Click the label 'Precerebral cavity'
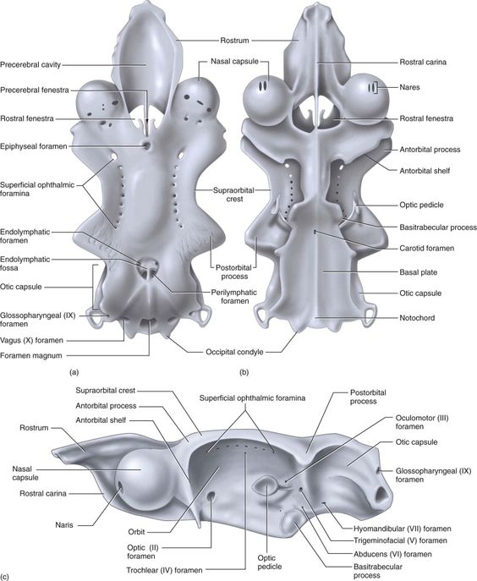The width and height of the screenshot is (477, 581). (30, 65)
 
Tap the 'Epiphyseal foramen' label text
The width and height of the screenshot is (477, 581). (34, 146)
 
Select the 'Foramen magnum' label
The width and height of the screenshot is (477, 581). (31, 356)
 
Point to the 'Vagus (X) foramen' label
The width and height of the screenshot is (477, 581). (31, 340)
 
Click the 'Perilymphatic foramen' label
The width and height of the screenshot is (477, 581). (234, 297)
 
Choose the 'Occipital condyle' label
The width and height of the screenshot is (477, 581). (234, 352)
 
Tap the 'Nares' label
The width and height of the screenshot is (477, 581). (409, 87)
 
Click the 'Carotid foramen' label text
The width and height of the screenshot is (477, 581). (426, 249)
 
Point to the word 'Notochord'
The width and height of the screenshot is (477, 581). (417, 318)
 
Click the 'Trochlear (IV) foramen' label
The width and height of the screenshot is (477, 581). (165, 570)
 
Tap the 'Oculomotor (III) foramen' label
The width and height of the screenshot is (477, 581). (422, 422)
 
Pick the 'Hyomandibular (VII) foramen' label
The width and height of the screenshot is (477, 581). (402, 529)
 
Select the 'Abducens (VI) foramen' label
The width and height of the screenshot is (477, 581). (392, 554)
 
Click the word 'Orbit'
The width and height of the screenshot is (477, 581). (136, 532)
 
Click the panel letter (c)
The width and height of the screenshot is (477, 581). (5, 577)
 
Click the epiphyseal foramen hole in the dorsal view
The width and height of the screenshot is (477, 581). (147, 145)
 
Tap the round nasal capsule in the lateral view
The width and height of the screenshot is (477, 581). (145, 480)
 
